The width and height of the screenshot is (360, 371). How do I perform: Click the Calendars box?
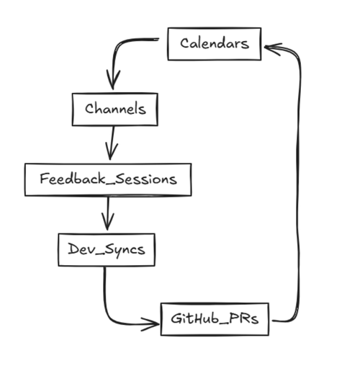pos(215,44)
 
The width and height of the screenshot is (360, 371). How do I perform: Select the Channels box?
pos(115,109)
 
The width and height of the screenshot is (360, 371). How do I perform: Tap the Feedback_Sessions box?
pos(108,179)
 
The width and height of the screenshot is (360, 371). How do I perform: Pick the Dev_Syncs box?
pos(107,250)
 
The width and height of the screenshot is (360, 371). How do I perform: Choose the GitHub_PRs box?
pos(215,319)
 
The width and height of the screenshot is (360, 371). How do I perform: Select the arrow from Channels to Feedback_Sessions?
pos(112,143)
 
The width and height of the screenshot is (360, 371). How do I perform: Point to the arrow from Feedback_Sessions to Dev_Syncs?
pos(108,213)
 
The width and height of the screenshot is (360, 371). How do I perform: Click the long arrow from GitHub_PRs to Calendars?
pos(299,182)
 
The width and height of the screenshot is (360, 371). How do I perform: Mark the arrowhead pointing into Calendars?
pos(272,49)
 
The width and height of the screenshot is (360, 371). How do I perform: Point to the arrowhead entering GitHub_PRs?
pos(150,324)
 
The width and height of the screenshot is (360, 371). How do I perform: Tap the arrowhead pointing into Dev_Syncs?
pos(107,221)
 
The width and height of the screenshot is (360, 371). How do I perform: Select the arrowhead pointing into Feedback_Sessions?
pos(111,151)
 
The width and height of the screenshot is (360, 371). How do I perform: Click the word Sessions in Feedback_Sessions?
pos(146,179)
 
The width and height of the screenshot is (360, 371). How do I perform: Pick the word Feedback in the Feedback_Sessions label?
pos(73,179)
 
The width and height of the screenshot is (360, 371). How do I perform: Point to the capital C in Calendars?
pos(185,43)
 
